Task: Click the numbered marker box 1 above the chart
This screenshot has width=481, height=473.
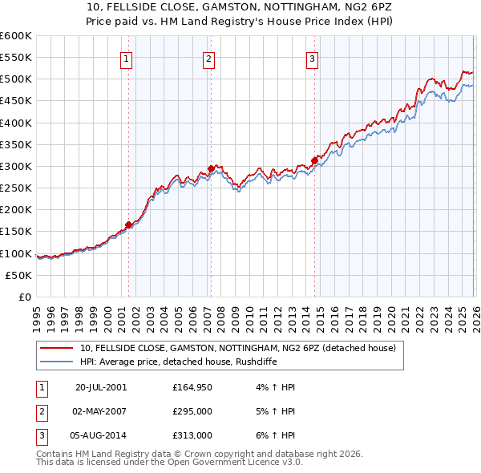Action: [127, 58]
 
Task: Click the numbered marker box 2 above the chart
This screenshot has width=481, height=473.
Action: [208, 58]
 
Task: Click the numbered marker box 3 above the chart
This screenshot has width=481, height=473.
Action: [312, 58]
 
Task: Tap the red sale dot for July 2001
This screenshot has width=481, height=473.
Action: [128, 225]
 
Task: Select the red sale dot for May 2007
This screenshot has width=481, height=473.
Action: [211, 168]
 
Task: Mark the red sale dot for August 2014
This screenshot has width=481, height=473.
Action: [314, 160]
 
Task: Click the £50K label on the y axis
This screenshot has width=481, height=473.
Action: [18, 275]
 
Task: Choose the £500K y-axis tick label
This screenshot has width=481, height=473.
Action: [15, 79]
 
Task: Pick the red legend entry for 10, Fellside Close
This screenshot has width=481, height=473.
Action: [237, 348]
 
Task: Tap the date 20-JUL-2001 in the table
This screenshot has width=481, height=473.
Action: [100, 386]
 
